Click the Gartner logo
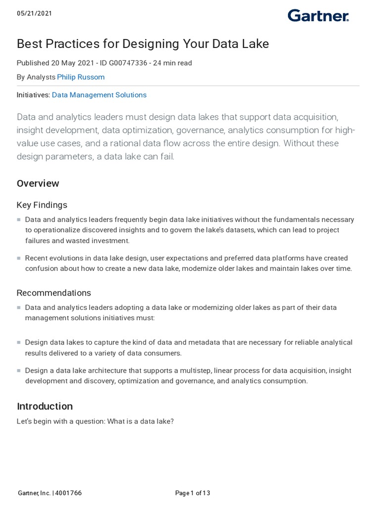318,16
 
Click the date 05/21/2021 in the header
34,13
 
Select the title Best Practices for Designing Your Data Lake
142,44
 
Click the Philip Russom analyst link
81,77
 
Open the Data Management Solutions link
99,95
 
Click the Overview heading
38,183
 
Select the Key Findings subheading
42,205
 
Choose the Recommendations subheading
53,293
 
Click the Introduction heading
45,406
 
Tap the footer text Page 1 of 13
192,493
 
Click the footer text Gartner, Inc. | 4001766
49,493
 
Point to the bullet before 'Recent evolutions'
19,258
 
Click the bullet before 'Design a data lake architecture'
19,371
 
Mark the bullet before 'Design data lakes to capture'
19,342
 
